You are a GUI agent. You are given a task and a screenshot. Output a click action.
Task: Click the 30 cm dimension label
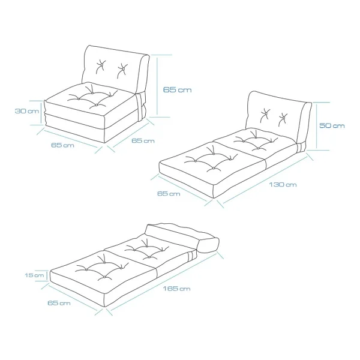click(27, 111)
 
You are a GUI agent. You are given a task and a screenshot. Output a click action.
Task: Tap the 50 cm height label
click(332, 125)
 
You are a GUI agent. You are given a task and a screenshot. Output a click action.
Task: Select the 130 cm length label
click(283, 185)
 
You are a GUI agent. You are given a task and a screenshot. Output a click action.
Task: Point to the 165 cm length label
click(176, 289)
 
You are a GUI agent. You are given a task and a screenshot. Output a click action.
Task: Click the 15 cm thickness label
click(34, 275)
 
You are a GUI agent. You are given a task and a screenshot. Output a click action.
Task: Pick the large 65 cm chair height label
click(177, 89)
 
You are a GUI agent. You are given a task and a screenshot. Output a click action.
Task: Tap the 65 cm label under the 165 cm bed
click(59, 303)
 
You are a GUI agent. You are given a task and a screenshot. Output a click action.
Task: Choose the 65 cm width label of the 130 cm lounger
click(169, 194)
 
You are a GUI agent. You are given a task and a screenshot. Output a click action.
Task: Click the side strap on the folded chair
click(139, 107)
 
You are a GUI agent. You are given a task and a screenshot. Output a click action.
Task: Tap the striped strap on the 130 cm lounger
click(301, 147)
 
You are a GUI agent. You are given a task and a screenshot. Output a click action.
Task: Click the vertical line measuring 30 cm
click(41, 113)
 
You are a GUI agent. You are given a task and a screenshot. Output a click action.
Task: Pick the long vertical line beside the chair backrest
click(157, 86)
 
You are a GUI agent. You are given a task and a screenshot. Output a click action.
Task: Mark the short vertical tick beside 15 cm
click(47, 275)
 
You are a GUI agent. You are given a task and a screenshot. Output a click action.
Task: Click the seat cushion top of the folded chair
click(89, 100)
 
